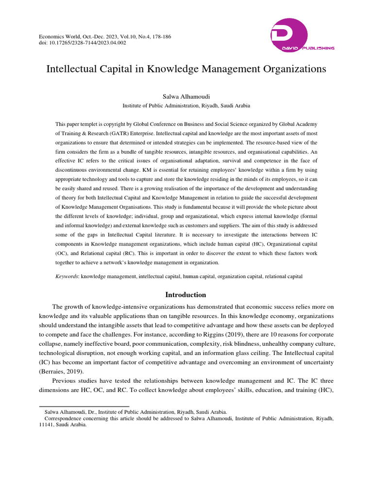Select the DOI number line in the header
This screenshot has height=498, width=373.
tap(83, 43)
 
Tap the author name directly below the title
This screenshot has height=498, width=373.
tap(186, 96)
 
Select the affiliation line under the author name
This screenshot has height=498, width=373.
tap(186, 105)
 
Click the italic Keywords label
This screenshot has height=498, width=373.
tap(67, 276)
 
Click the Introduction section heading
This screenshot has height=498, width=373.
tap(186, 295)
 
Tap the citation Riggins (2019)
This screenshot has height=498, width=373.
tap(236, 335)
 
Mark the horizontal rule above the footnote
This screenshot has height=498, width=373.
tap(84, 406)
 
